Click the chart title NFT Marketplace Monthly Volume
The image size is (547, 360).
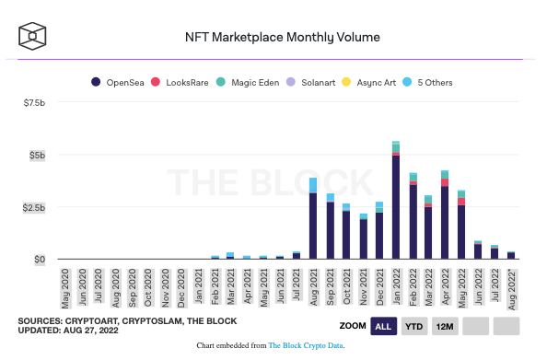coord(282,37)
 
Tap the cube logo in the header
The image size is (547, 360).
coord(32,36)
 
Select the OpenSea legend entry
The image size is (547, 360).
coord(117,82)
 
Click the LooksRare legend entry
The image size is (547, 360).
coord(180,82)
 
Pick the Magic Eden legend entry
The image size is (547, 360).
coord(248,82)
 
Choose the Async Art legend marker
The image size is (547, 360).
coord(346,82)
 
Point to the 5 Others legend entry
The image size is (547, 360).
coord(427,82)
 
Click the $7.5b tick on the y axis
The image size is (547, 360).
coord(34,102)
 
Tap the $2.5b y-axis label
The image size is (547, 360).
coord(34,207)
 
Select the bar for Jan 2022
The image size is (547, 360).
coord(396,200)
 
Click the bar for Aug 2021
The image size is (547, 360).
coord(313,218)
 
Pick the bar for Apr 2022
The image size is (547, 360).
coord(445,215)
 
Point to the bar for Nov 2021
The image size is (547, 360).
coord(363,237)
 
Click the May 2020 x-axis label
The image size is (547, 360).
coord(65,288)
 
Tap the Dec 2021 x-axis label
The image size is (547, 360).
coord(379,287)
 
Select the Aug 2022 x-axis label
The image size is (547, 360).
coord(512,289)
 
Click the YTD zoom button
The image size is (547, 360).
coord(414,326)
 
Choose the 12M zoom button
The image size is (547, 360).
coord(445,326)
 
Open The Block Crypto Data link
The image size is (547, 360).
coord(306,345)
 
